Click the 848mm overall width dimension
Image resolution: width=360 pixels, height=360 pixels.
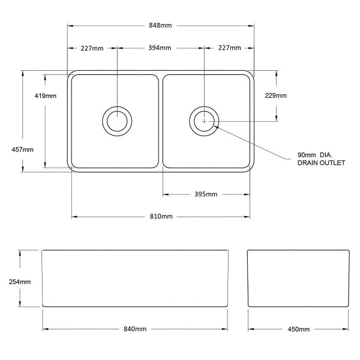161,25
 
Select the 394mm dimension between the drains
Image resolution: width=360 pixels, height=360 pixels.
161,48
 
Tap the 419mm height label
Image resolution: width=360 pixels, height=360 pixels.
47,96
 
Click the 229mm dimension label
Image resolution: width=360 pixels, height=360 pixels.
277,96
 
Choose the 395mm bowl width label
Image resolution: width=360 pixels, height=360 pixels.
206,194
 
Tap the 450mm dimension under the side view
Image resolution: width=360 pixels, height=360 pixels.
299,329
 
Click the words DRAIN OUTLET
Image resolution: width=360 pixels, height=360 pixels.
321,163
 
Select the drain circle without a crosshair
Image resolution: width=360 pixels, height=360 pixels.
116,120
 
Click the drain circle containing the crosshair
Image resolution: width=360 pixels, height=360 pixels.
204,121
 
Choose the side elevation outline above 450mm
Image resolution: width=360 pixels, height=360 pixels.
299,279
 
